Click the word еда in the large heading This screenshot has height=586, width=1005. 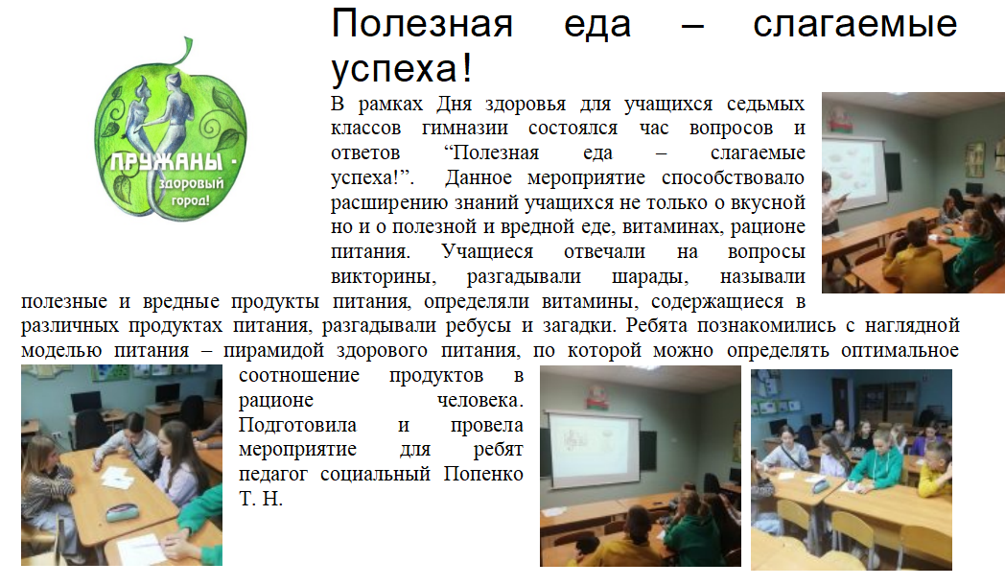[597, 24]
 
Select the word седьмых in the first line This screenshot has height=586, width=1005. [765, 104]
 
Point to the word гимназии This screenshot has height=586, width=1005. [465, 129]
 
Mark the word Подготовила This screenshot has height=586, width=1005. [297, 425]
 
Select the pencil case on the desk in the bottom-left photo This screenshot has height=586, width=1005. [124, 511]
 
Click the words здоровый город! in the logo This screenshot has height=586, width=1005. [190, 192]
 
